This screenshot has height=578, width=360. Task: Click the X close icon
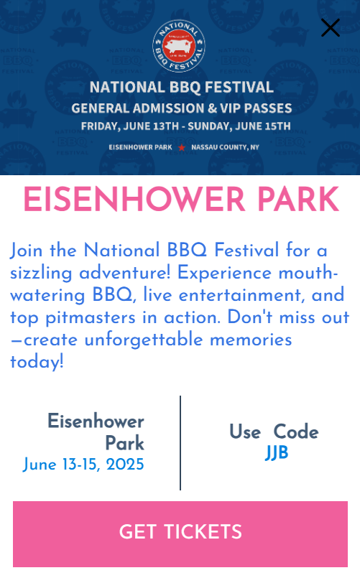pos(330,28)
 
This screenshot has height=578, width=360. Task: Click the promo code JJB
pos(277,452)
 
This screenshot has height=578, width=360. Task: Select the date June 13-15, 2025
pos(83,464)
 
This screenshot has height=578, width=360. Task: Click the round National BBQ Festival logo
pos(179,46)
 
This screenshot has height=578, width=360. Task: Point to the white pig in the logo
pos(178,47)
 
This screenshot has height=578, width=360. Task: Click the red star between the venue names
pos(182,147)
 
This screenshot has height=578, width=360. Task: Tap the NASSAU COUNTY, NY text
pos(225,147)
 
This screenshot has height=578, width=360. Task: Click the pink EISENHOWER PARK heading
pos(181,199)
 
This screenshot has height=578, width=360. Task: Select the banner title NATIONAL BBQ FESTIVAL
pos(182,88)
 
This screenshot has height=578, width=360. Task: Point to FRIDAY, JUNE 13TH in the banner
pos(130,126)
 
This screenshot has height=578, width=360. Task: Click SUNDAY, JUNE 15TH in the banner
pos(239,126)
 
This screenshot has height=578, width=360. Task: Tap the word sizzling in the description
pos(41,274)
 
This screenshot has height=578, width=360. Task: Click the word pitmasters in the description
pos(91,318)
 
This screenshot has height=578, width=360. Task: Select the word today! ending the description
pos(37,362)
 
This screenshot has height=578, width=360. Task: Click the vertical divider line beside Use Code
pos(180,443)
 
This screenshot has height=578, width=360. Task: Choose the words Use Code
pos(274,432)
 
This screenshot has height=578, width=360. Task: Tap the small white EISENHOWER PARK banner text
pos(140,147)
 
